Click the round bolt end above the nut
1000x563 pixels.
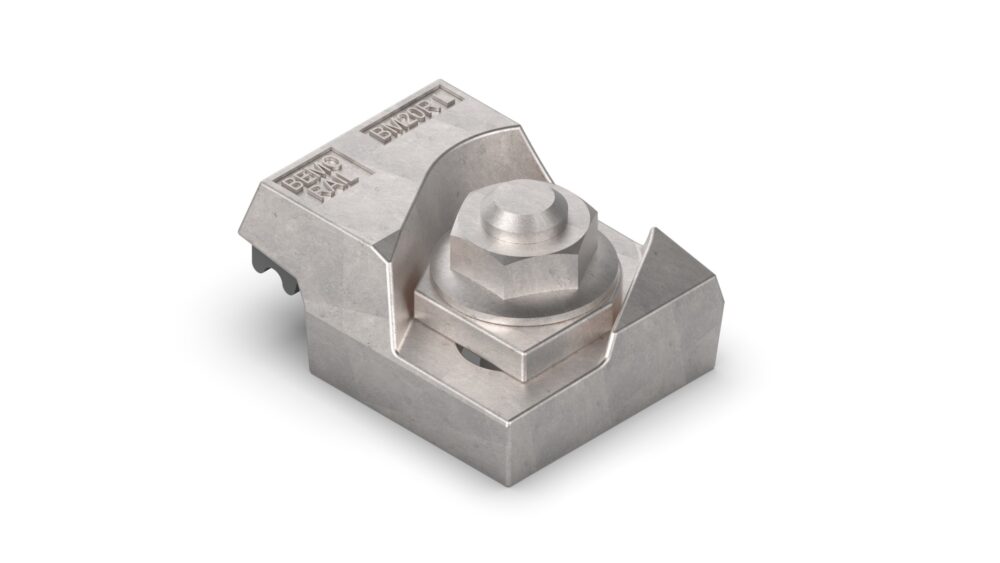(521, 213)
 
